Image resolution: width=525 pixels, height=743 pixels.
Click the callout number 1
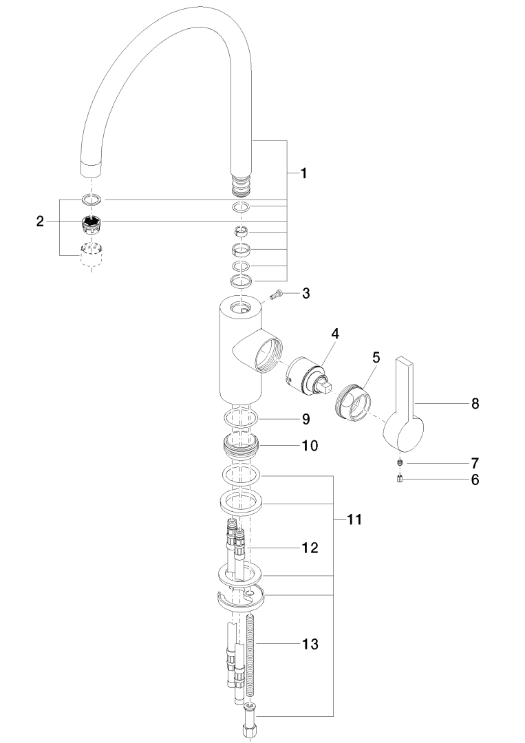tap(303, 174)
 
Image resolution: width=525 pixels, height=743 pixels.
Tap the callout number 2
tap(40, 222)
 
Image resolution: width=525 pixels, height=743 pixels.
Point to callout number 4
tap(335, 334)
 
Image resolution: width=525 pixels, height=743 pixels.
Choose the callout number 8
tap(474, 404)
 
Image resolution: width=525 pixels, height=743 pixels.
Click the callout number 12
tap(310, 548)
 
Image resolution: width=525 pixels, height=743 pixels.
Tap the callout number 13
tap(310, 645)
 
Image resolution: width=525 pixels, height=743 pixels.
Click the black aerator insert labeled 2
tap(90, 223)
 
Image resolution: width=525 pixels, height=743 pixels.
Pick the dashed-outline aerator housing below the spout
tap(91, 256)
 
